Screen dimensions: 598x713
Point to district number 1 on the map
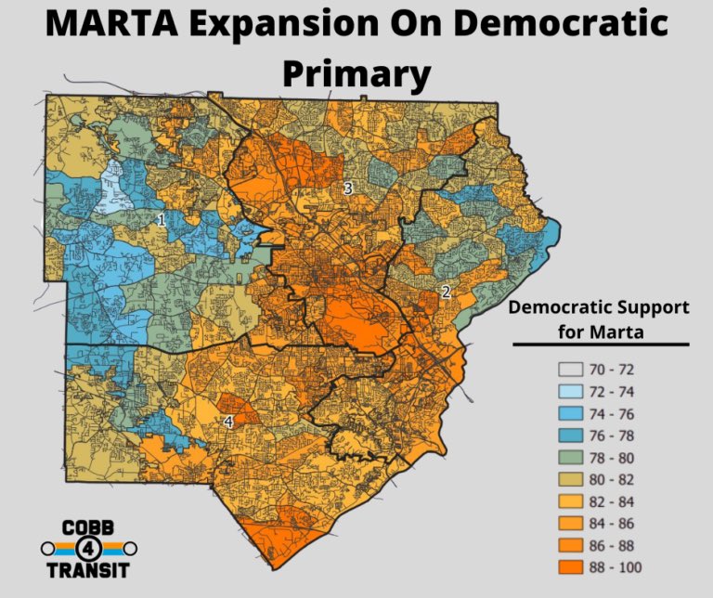162,220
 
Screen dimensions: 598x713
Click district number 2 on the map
446,292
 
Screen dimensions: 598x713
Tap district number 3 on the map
348,188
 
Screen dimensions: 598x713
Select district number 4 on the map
228,422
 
